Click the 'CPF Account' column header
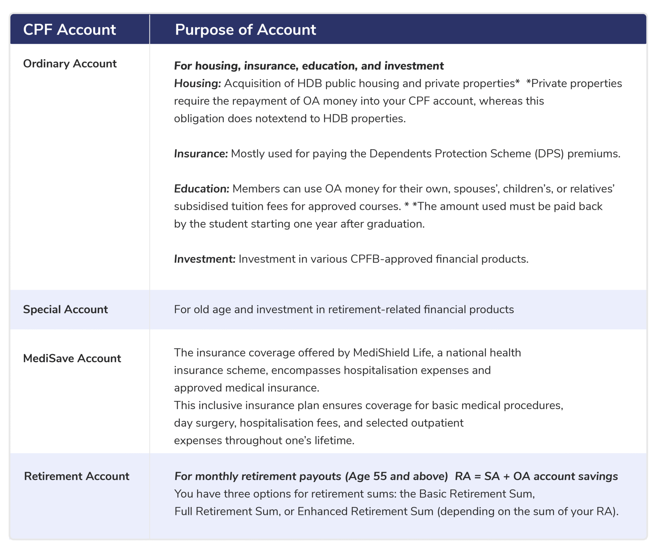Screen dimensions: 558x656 (69, 30)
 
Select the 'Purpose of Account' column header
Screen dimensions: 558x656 (245, 30)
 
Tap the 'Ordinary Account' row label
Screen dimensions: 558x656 (70, 64)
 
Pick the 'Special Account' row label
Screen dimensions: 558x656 (65, 310)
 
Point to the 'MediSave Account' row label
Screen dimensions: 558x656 (72, 359)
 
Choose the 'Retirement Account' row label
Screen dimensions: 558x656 (77, 476)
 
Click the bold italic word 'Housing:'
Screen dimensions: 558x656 (197, 84)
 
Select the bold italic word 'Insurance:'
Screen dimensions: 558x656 (201, 154)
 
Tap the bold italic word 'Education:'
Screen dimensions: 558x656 (201, 189)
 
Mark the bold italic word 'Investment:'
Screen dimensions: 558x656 (205, 259)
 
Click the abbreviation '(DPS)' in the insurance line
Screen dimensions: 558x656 (549, 154)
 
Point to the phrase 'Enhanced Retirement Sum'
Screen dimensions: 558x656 (365, 512)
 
